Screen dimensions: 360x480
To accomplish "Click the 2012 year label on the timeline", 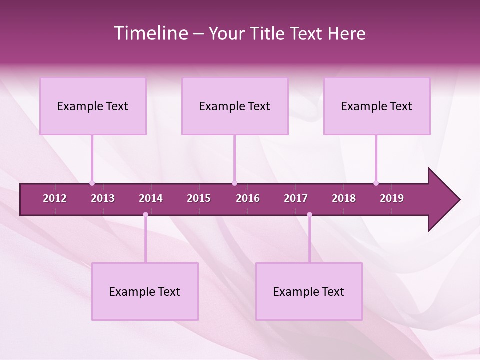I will coord(55,198).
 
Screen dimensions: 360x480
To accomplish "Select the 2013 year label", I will coord(103,198).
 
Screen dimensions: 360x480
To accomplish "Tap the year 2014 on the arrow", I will coord(151,198).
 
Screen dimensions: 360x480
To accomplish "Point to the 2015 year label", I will coord(199,198).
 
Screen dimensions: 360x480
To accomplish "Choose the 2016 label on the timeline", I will coord(248,198).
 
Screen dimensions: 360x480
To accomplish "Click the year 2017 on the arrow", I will coord(296,198).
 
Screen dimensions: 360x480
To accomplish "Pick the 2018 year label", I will coord(344,198).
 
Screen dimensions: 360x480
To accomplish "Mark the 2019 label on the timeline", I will coord(392,198).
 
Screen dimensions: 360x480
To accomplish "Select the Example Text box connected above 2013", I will coord(93,106).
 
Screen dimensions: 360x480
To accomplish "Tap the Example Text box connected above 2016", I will coord(235,106).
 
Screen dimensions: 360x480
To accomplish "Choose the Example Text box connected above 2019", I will coord(377,106).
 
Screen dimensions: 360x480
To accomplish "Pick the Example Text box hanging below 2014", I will coord(145,292).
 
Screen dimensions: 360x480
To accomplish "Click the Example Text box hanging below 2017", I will coord(309,292).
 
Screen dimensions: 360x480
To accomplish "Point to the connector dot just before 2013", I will coord(92,183).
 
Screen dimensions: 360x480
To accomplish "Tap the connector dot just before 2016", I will coord(234,183).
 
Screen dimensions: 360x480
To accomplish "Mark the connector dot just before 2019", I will coord(376,183).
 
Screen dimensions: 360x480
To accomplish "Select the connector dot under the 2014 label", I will coord(145,215).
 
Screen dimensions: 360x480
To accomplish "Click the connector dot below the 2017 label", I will coord(309,215).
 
